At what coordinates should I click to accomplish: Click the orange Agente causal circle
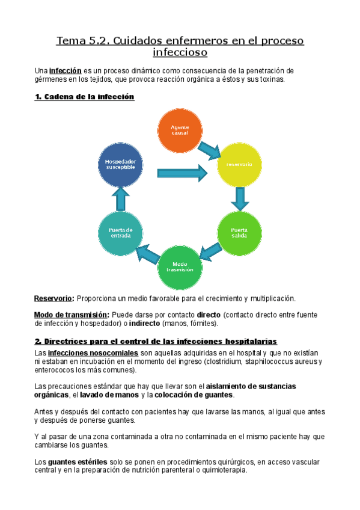click(180, 131)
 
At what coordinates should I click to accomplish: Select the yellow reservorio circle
click(239, 164)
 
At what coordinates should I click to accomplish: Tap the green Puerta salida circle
click(239, 232)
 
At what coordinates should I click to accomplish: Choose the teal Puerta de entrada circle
click(121, 232)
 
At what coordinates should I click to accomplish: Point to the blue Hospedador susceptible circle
click(121, 164)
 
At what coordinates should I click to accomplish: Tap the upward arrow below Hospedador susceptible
click(121, 197)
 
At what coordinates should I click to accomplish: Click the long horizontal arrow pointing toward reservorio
click(182, 173)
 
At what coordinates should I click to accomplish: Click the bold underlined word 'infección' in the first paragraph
click(65, 70)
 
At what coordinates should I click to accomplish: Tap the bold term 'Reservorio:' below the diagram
click(54, 298)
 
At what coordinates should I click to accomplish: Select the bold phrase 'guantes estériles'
click(73, 461)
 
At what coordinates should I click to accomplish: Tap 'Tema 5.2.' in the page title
click(82, 41)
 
